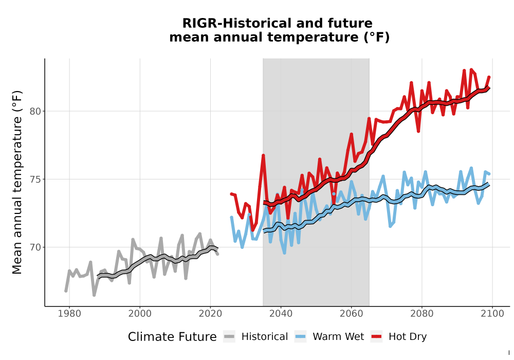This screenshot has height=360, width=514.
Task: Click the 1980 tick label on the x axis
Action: (69, 314)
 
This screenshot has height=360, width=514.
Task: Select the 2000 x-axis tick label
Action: (140, 314)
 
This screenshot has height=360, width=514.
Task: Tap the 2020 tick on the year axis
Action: (210, 314)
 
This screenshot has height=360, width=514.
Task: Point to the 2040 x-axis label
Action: (281, 314)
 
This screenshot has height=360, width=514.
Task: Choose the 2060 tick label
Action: (352, 314)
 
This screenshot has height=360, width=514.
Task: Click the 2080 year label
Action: (422, 314)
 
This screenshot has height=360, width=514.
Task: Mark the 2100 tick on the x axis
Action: (492, 314)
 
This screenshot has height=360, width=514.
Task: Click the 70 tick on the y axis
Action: (35, 247)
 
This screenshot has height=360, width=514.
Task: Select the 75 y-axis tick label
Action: (35, 179)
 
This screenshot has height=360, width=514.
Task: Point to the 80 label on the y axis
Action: (35, 112)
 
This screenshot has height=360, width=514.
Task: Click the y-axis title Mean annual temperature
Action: (17, 182)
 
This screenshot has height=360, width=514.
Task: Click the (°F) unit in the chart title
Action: (377, 37)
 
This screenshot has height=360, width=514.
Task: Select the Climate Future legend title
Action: (172, 337)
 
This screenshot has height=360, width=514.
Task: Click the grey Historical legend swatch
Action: (229, 337)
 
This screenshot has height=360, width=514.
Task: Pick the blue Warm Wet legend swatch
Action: (300, 337)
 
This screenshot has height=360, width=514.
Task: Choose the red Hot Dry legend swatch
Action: (376, 337)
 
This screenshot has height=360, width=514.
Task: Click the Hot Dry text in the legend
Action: (408, 337)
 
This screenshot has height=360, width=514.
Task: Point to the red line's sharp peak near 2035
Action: (263, 155)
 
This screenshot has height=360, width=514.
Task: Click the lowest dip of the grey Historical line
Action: (94, 295)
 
